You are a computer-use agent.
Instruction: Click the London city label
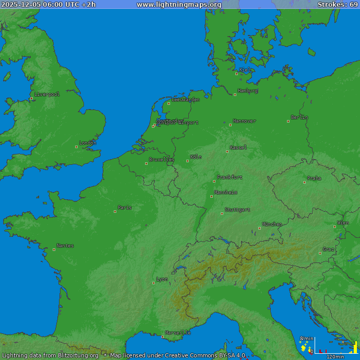[x=88, y=143]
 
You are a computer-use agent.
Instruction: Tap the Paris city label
[x=125, y=208]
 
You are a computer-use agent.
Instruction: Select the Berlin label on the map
[x=299, y=117]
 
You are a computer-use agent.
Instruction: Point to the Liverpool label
[x=47, y=94]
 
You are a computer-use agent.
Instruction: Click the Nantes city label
[x=65, y=246]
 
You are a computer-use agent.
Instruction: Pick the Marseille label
[x=178, y=332]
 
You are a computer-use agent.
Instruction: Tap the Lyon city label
[x=162, y=279]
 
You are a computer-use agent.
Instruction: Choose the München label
[x=272, y=224]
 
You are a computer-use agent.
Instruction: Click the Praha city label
[x=314, y=178]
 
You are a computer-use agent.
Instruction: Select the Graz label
[x=329, y=249]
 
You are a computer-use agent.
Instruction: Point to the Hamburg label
[x=248, y=91]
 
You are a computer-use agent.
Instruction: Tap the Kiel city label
[x=245, y=70]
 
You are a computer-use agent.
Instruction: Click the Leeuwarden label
[x=186, y=100]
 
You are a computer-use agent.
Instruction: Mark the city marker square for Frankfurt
[x=214, y=181]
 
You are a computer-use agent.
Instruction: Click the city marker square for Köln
[x=187, y=161]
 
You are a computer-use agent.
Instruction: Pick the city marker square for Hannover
[x=230, y=125]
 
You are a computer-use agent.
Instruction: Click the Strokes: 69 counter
[x=338, y=5]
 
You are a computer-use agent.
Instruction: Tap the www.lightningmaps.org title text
[x=179, y=5]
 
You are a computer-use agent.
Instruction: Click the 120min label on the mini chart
[x=335, y=357]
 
